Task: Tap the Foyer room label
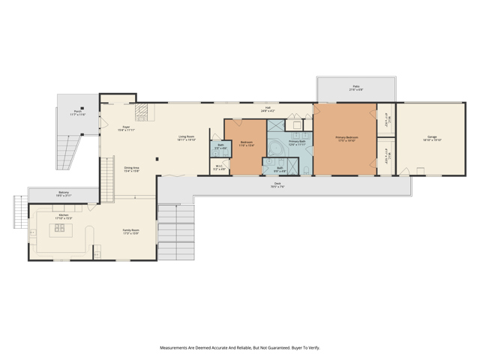[126, 128]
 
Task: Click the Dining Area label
[130, 169]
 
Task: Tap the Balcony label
[64, 194]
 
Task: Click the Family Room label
[132, 232]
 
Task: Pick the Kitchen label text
[64, 217]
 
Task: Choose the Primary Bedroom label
[346, 139]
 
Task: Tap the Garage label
[432, 139]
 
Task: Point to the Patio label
[356, 88]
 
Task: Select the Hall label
[268, 109]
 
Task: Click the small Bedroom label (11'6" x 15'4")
[247, 143]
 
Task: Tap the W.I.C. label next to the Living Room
[219, 168]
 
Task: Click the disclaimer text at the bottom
[239, 348]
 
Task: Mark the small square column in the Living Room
[156, 159]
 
